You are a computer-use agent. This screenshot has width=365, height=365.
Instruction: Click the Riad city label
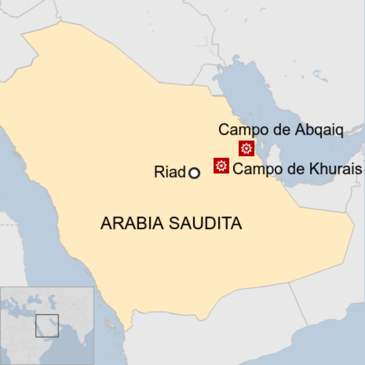169,173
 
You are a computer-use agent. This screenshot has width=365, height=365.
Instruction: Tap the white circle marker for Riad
194,173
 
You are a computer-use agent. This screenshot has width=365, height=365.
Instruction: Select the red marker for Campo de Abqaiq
246,148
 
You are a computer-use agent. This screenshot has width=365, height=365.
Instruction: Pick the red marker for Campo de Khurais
221,165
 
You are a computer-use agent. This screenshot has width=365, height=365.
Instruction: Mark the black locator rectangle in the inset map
47,326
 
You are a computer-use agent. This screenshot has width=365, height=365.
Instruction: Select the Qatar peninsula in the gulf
273,151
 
